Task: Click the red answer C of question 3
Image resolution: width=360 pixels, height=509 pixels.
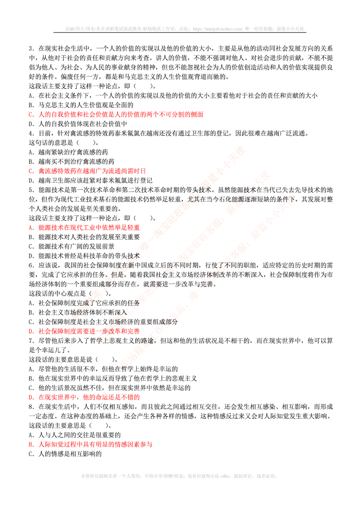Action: pyautogui.click(x=116, y=114)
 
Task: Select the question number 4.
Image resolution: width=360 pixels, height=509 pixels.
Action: pyautogui.click(x=31, y=133)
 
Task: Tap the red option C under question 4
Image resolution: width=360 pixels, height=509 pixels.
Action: pyautogui.click(x=87, y=171)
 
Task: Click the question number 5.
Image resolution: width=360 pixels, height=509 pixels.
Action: pyautogui.click(x=31, y=190)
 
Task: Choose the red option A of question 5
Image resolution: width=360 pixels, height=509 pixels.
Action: pyautogui.click(x=84, y=228)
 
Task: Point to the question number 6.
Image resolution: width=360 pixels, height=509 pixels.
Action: pyautogui.click(x=31, y=265)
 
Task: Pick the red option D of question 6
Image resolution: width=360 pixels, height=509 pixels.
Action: pyautogui.click(x=84, y=331)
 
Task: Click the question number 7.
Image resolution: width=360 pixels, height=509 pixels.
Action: pyautogui.click(x=31, y=341)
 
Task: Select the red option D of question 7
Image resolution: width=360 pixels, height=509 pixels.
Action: pyautogui.click(x=84, y=397)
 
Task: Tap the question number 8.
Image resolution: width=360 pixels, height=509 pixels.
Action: pyautogui.click(x=31, y=406)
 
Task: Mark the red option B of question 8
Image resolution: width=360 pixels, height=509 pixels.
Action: pyautogui.click(x=90, y=444)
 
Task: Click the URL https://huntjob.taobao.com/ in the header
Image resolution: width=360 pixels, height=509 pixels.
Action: pyautogui.click(x=217, y=29)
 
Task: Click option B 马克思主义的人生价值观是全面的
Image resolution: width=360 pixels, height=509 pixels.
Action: pyautogui.click(x=81, y=105)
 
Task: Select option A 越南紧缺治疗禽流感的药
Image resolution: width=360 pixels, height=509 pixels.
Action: pyautogui.click(x=68, y=152)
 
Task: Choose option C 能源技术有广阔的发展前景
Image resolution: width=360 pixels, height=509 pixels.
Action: pyautogui.click(x=71, y=246)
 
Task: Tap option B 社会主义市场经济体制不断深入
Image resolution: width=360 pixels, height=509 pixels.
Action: pyautogui.click(x=78, y=312)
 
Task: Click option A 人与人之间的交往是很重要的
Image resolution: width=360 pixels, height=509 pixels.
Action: pyautogui.click(x=75, y=435)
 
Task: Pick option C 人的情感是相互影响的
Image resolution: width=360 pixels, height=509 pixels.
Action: pyautogui.click(x=65, y=454)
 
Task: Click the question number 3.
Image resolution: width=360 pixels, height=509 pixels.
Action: pyautogui.click(x=31, y=48)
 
